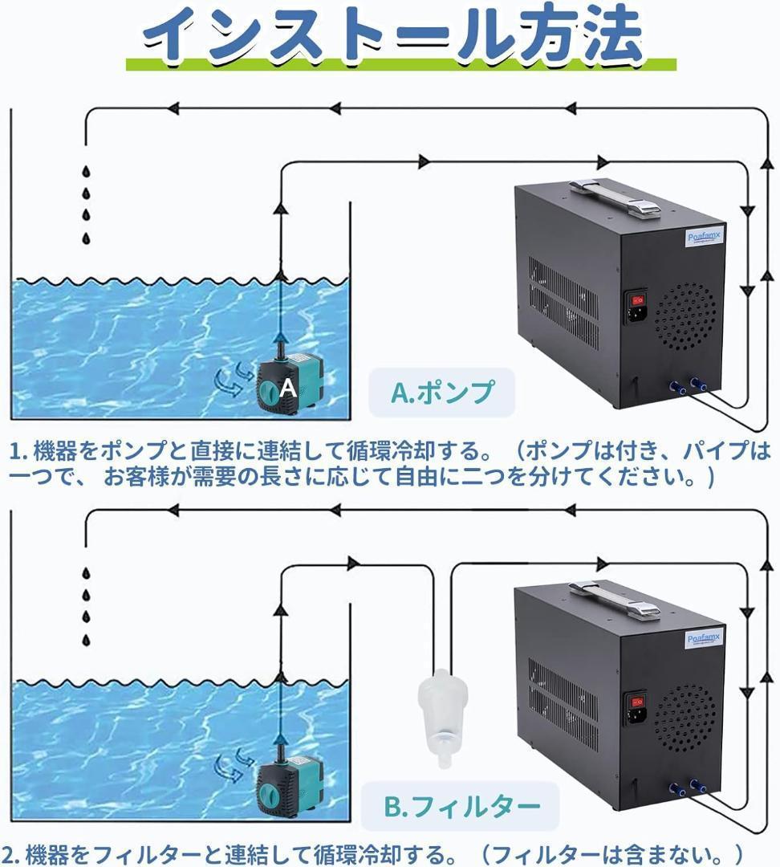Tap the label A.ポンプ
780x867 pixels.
pyautogui.click(x=441, y=393)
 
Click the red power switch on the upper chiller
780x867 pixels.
pyautogui.click(x=639, y=300)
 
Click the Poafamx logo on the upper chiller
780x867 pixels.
pyautogui.click(x=704, y=237)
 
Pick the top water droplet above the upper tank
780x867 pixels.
pyautogui.click(x=86, y=172)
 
